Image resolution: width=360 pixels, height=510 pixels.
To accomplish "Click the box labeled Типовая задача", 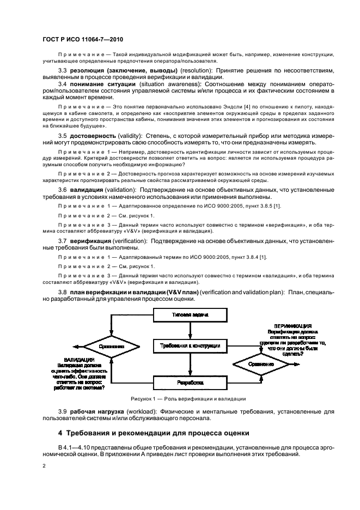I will [x=190, y=315].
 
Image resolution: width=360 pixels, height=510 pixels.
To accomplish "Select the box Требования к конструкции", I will [x=190, y=346].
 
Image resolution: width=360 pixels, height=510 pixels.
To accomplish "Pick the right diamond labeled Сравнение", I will [x=261, y=363].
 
